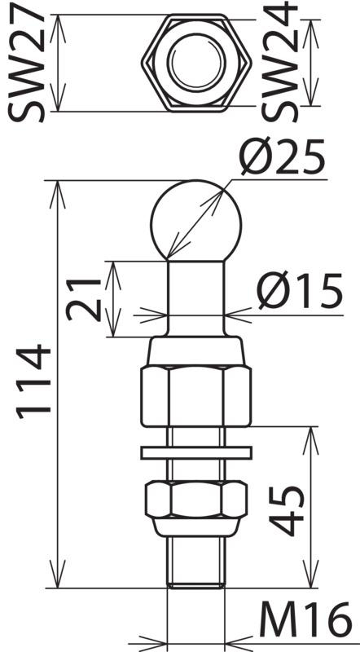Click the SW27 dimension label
[26, 63]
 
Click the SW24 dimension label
[279, 63]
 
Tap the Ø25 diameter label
[283, 157]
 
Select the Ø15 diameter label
[299, 291]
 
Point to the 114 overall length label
[33, 381]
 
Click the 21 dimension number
[84, 300]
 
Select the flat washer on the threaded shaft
[195, 452]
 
